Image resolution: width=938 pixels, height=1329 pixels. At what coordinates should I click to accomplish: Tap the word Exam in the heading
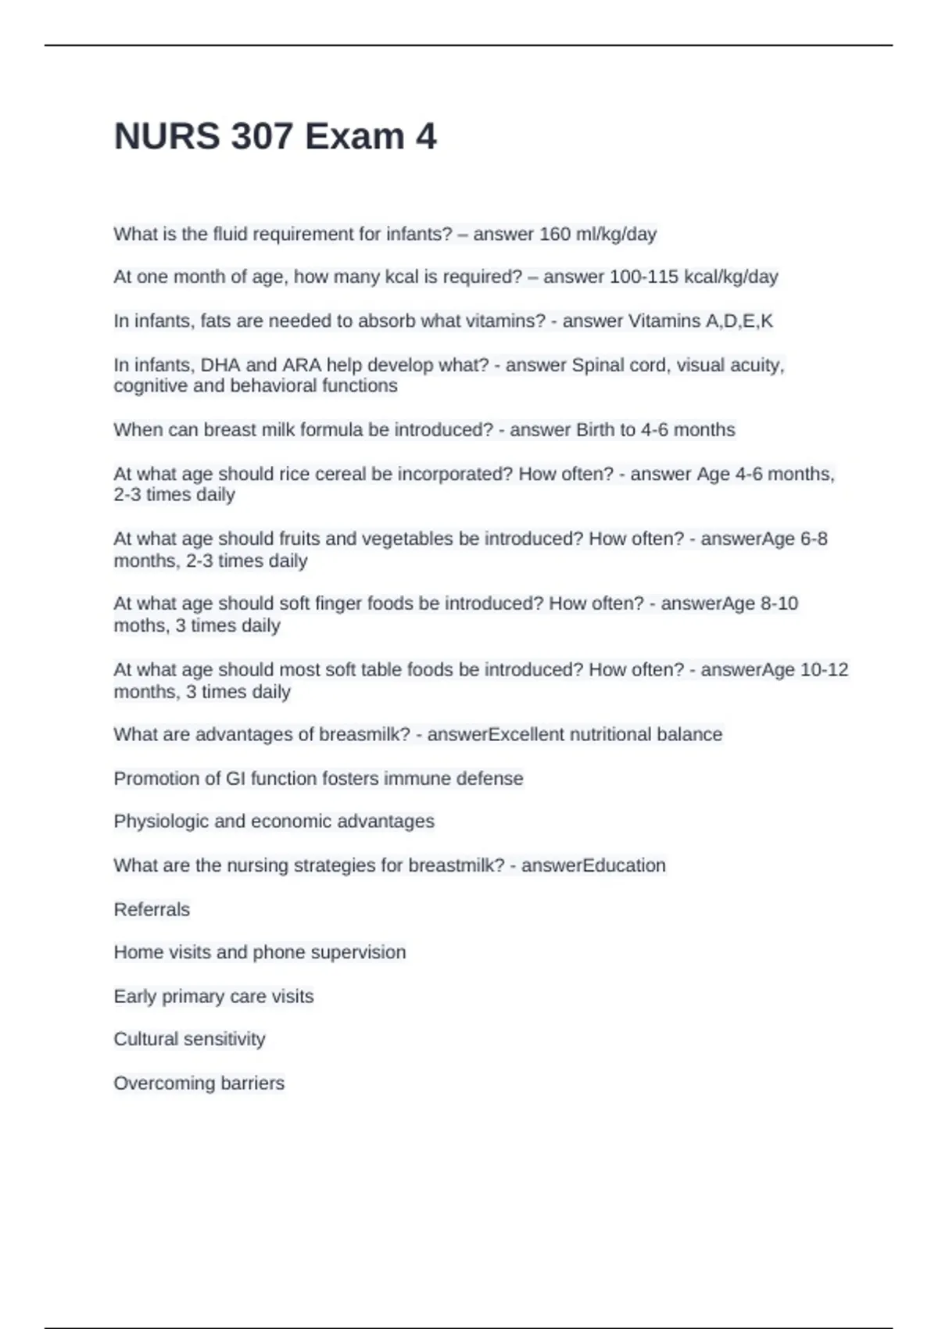point(354,137)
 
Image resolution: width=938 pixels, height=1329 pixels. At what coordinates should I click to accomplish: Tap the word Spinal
point(597,365)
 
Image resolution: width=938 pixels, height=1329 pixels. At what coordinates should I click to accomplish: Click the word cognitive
point(150,385)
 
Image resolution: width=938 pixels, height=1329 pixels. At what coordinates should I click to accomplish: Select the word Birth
point(595,430)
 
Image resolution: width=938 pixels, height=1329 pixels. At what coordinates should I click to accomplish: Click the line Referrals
point(152,909)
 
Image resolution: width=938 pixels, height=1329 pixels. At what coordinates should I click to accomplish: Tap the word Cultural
point(146,1039)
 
